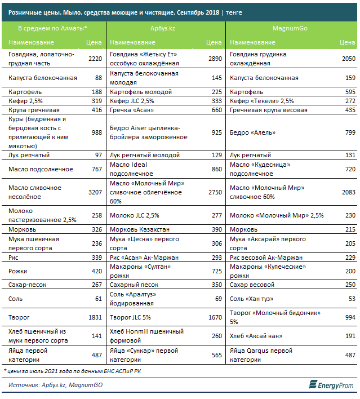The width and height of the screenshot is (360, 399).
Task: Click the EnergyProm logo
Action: tap(331, 385)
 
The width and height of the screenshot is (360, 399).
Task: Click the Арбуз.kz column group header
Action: tap(163, 28)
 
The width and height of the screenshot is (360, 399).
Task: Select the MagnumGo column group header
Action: tap(290, 28)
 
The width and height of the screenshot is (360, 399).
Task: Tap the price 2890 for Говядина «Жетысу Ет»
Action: tap(215, 59)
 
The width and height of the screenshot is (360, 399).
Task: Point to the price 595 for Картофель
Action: tap(350, 92)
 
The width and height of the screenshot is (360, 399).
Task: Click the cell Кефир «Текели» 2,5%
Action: tap(262, 101)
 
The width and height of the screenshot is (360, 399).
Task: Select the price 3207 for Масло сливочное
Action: tap(95, 192)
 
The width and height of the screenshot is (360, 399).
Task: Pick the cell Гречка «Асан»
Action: tap(132, 110)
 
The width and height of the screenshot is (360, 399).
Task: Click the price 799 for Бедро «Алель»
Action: tap(350, 132)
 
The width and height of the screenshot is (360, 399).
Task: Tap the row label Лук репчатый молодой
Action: tap(145, 155)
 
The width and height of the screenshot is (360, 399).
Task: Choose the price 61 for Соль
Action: tap(99, 299)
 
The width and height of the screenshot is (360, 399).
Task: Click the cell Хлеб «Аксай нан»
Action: tap(256, 336)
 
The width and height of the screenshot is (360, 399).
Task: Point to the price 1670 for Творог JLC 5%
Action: tap(215, 317)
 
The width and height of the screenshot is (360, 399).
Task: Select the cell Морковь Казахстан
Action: tap(140, 229)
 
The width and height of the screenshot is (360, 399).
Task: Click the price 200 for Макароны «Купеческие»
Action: tap(350, 271)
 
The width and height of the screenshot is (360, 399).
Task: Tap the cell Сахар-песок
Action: tap(27, 285)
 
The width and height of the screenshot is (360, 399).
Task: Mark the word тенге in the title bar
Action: tap(234, 12)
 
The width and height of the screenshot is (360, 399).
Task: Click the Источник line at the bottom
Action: tap(55, 385)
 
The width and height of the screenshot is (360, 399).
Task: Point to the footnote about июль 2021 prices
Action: tap(72, 371)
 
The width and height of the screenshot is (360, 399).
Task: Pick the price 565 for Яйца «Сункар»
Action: tap(217, 355)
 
